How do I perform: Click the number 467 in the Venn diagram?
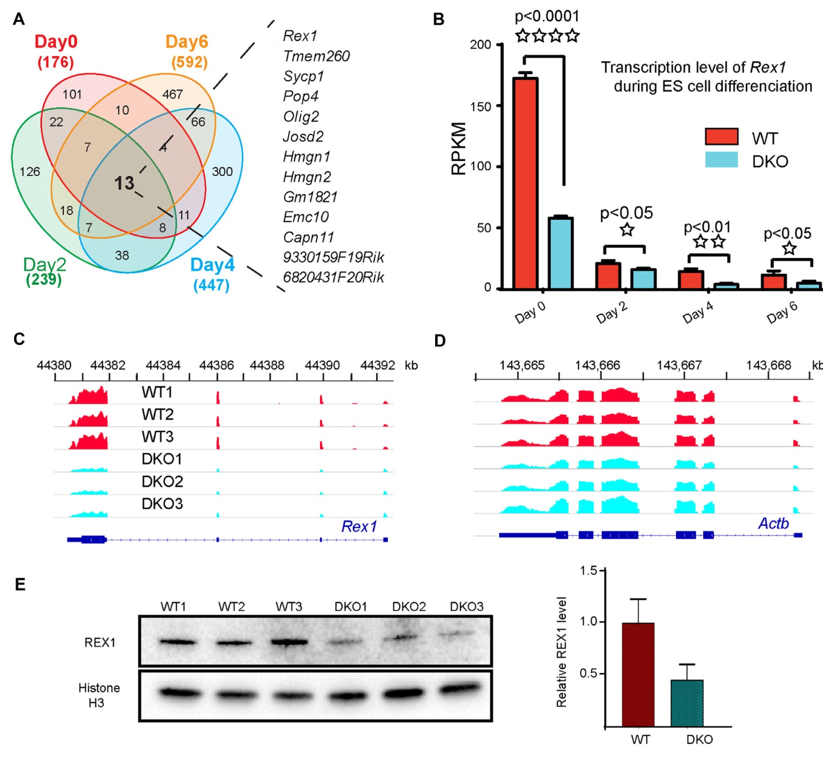pyautogui.click(x=172, y=94)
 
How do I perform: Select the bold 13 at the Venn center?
pyautogui.click(x=124, y=183)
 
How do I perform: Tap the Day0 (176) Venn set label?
pyautogui.click(x=56, y=51)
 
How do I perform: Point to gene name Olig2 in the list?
pyautogui.click(x=301, y=117)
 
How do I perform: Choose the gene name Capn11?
pyautogui.click(x=308, y=237)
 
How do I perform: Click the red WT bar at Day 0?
pyautogui.click(x=525, y=183)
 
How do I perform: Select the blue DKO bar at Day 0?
pyautogui.click(x=560, y=253)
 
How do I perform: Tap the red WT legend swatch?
pyautogui.click(x=721, y=137)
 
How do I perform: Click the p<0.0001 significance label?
pyautogui.click(x=547, y=16)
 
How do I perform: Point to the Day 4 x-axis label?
pyautogui.click(x=697, y=312)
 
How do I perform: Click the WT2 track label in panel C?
pyautogui.click(x=157, y=415)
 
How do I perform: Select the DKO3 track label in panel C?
pyautogui.click(x=162, y=504)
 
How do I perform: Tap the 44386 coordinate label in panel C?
pyautogui.click(x=217, y=365)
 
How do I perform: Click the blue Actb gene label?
pyautogui.click(x=773, y=523)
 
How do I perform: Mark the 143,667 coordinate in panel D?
pyautogui.click(x=679, y=365)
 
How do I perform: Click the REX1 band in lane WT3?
pyautogui.click(x=289, y=642)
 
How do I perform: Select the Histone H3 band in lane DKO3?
pyautogui.click(x=460, y=689)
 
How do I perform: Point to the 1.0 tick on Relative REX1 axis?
pyautogui.click(x=588, y=622)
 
